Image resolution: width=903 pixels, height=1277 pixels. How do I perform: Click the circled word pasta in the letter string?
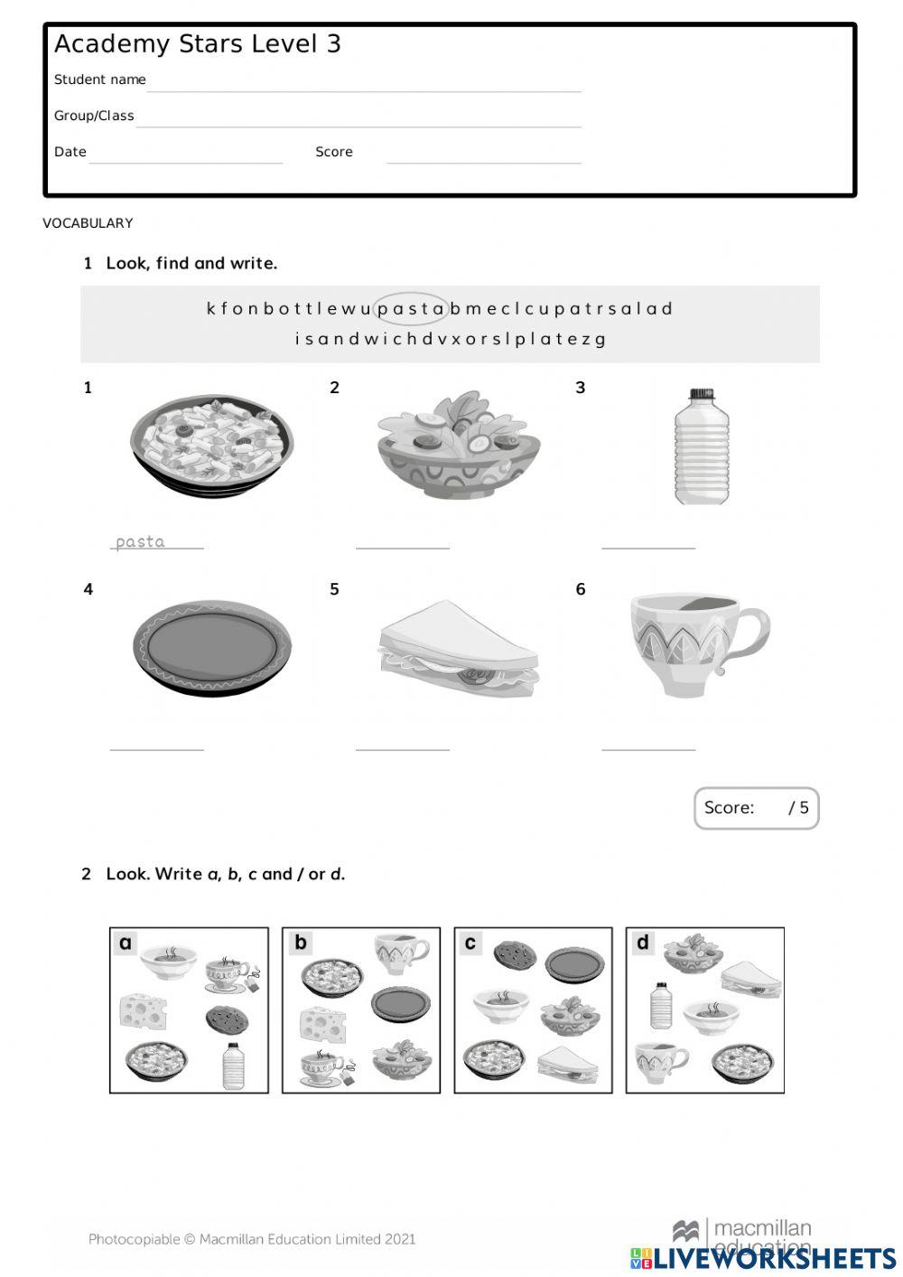point(411,309)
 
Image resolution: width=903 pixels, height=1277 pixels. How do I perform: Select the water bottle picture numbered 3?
point(702,447)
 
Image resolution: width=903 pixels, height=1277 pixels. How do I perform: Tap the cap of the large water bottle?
point(702,395)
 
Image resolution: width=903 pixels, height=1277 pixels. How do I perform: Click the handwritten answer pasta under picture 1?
point(141,541)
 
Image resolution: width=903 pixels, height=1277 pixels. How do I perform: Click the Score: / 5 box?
point(756,807)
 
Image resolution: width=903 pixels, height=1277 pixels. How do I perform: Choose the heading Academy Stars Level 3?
point(198,44)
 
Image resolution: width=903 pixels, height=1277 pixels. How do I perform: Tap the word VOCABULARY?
point(88,223)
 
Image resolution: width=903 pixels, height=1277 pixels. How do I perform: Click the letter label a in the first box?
point(126,944)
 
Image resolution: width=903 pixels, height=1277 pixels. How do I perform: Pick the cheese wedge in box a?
point(142,1010)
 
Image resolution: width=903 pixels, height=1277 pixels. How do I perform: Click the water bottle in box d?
point(661,1005)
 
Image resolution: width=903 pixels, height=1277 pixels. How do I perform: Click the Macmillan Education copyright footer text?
point(252,1239)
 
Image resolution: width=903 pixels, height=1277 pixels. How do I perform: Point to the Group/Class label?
point(94,116)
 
